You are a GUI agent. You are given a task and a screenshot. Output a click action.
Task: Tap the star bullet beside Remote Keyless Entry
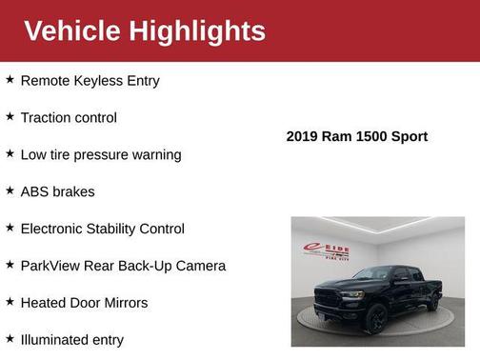[x=10, y=80]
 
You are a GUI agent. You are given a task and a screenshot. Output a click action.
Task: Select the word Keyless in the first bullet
[x=102, y=81]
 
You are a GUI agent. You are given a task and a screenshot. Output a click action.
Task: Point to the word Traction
[x=48, y=118]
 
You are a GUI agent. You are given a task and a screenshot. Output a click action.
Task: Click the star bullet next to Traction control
[x=10, y=117]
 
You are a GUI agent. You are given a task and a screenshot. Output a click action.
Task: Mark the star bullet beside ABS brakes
[x=10, y=190]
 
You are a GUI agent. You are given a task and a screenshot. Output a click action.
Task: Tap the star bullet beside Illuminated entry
[x=10, y=338]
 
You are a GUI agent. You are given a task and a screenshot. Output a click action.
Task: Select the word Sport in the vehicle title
[x=408, y=136]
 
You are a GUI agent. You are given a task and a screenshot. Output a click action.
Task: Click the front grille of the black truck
[x=327, y=296]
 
